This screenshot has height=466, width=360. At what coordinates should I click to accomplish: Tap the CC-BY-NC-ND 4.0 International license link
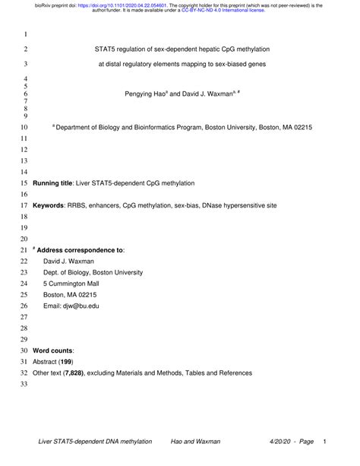pyautogui.click(x=220, y=11)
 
